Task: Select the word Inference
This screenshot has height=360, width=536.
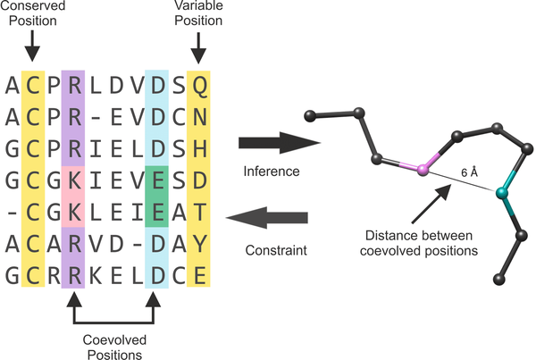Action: pos(272,169)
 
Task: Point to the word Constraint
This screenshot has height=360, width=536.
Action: pos(272,253)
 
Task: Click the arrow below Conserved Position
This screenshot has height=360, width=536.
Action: pos(32,45)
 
